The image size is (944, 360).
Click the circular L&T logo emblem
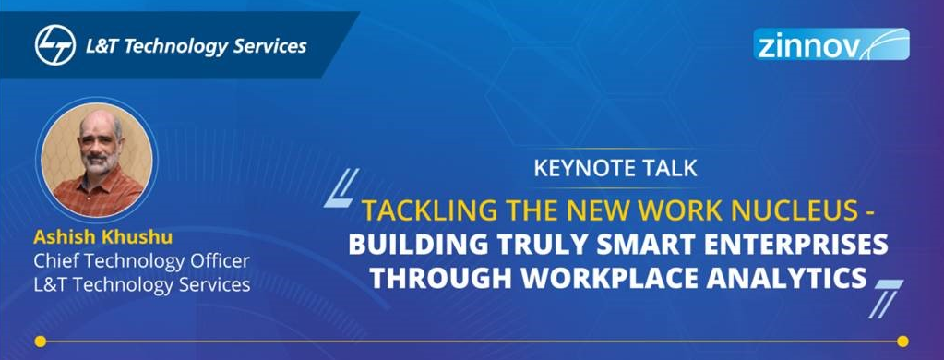[x=55, y=45]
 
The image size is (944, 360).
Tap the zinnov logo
[x=831, y=44]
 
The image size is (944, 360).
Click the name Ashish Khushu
[x=103, y=238]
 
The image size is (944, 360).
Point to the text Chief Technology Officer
[x=141, y=261]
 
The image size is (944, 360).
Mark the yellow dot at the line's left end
[x=41, y=342]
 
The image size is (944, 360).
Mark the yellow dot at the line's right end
[x=902, y=342]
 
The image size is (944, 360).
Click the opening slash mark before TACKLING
[x=342, y=187]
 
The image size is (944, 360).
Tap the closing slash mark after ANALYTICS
[x=886, y=298]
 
